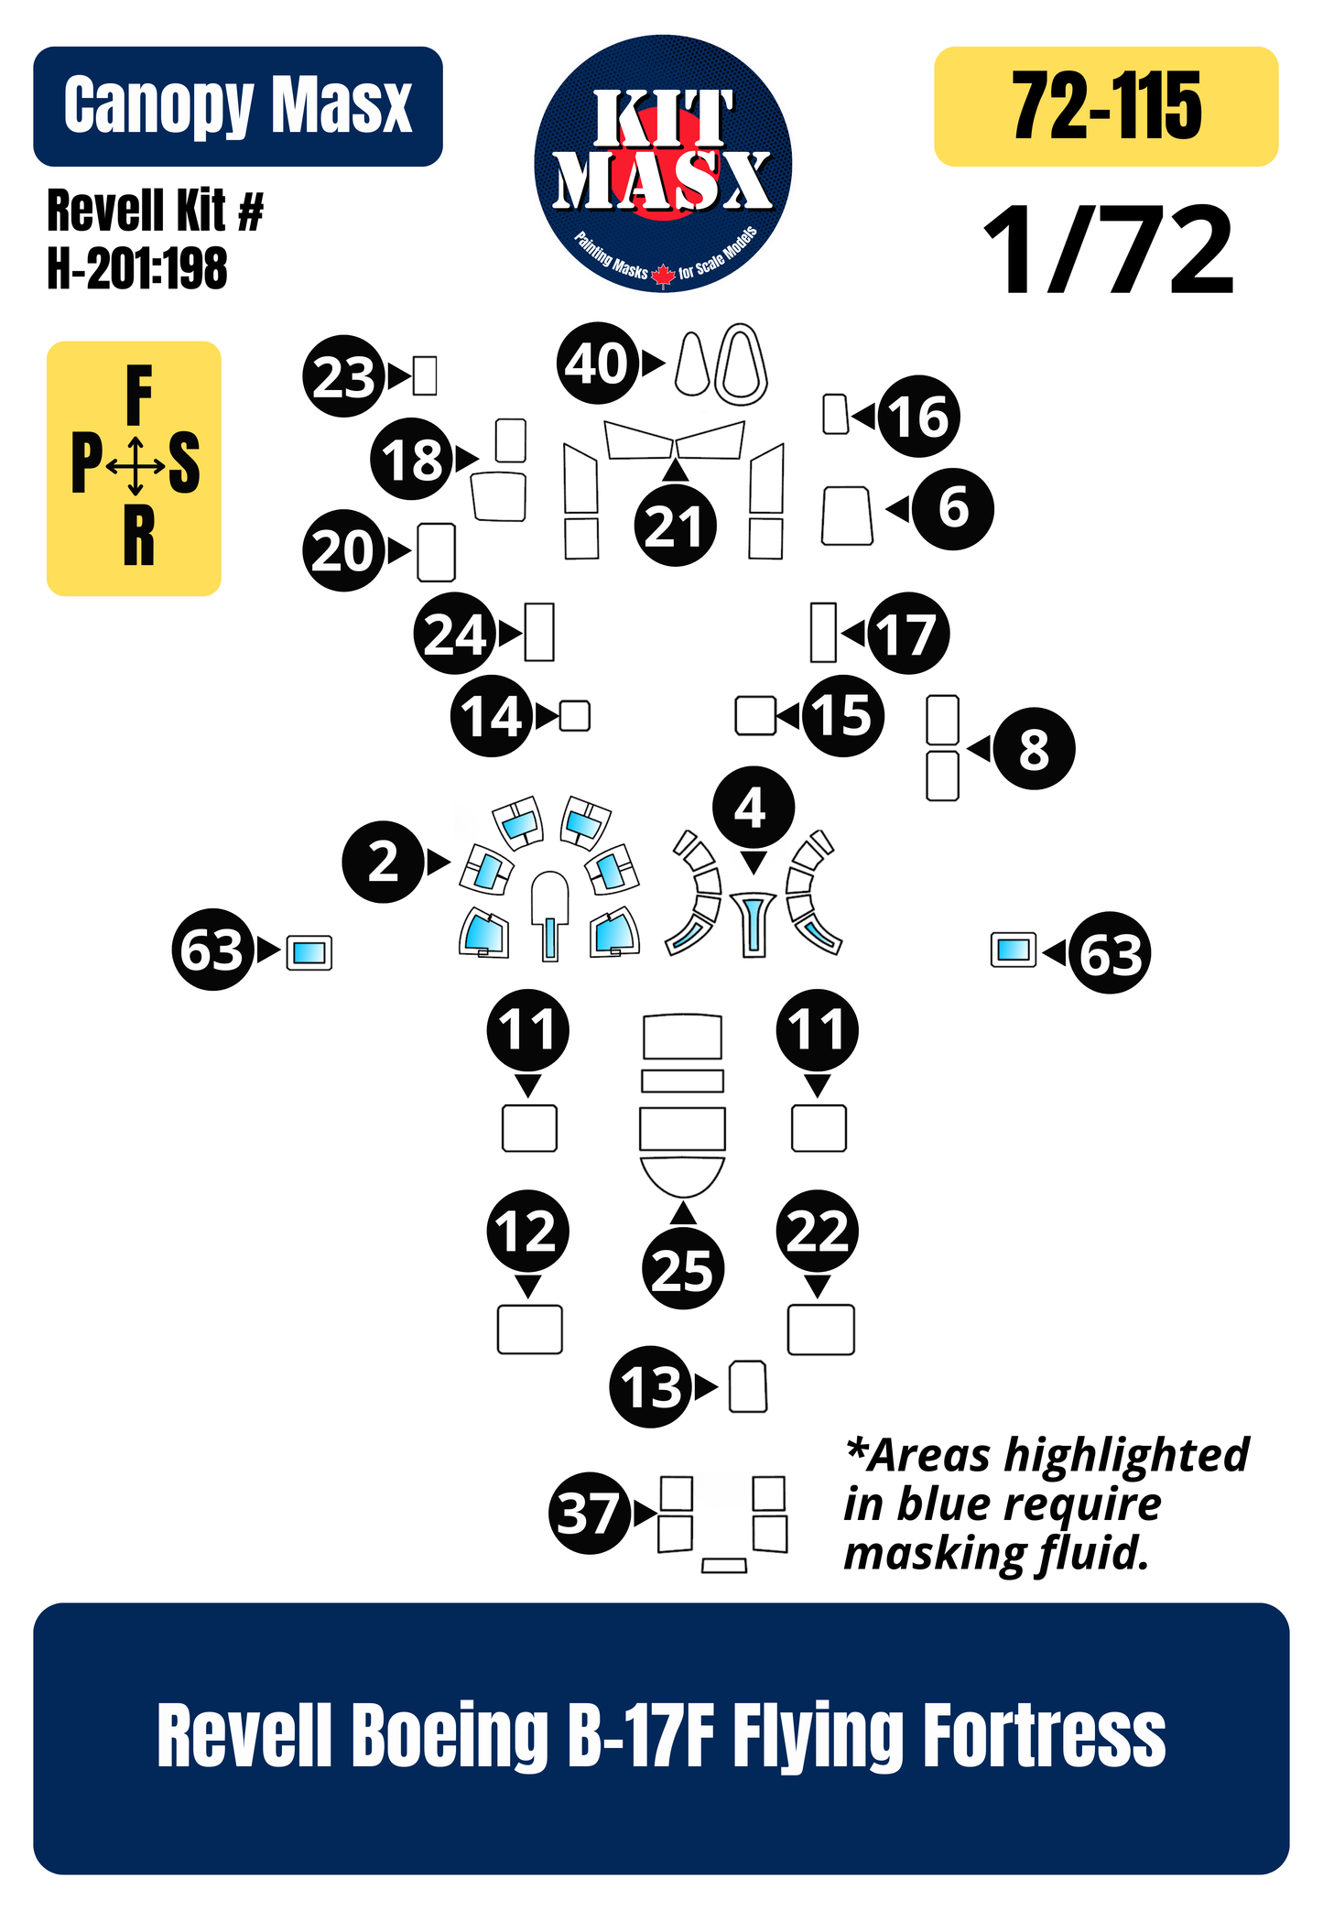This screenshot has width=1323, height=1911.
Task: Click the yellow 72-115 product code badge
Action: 1106,106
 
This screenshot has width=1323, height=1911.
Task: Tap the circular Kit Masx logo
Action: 663,164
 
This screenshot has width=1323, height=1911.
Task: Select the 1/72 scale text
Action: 1109,250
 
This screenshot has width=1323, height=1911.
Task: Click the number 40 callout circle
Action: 597,364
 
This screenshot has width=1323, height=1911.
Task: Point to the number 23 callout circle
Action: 344,376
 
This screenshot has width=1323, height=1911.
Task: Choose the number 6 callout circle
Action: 953,508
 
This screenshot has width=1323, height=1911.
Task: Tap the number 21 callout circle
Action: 675,526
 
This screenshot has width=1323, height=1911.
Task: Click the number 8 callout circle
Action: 1034,748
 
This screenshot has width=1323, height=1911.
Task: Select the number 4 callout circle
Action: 754,807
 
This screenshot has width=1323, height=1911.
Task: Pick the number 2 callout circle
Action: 384,862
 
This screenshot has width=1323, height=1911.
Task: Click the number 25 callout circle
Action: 683,1268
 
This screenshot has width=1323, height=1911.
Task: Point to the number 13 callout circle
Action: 651,1386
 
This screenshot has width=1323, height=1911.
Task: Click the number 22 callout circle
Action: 818,1231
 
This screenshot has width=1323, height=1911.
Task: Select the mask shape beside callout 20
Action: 436,552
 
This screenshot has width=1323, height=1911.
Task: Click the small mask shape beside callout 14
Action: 575,715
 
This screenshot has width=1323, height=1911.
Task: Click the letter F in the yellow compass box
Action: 138,395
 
